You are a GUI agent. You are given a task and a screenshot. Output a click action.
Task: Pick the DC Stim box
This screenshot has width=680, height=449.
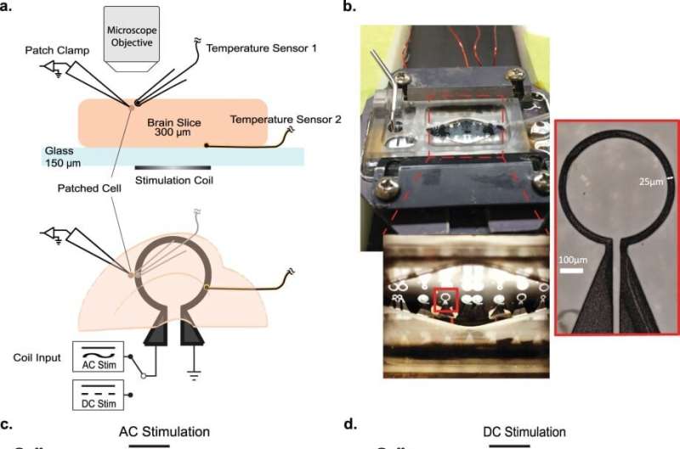[x=98, y=394]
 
